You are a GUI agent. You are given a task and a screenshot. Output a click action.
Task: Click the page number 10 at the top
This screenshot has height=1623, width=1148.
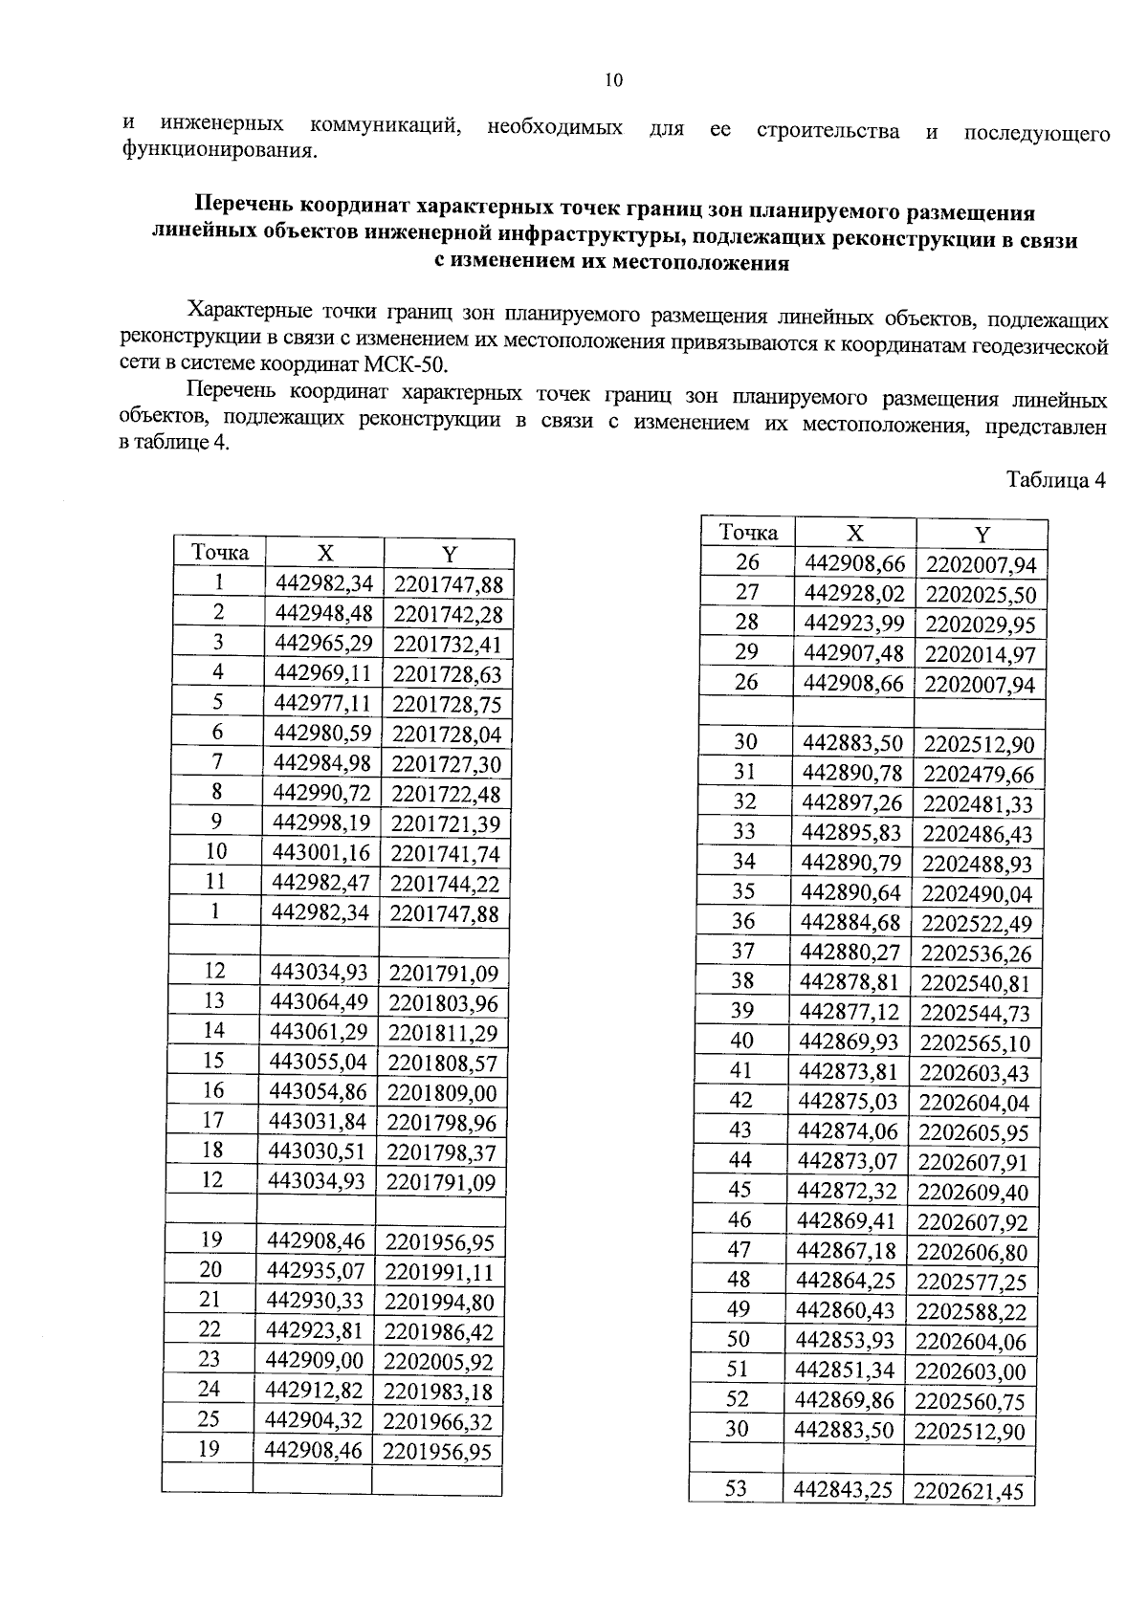tap(614, 80)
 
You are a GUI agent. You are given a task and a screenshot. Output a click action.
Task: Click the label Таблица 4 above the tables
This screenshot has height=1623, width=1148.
tap(1055, 479)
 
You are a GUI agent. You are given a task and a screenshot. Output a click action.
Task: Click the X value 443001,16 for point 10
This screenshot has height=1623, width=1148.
tap(322, 853)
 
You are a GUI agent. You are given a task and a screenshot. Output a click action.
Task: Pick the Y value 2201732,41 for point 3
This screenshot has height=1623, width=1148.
tap(447, 644)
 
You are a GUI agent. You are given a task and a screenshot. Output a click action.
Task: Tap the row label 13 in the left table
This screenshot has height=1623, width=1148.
tap(214, 1000)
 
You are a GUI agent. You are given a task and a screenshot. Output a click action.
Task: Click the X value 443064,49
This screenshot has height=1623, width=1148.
tap(320, 1002)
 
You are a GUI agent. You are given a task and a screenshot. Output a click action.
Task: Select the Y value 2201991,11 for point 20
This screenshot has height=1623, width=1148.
tap(440, 1272)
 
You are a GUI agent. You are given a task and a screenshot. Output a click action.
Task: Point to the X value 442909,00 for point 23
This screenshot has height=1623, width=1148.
tap(316, 1361)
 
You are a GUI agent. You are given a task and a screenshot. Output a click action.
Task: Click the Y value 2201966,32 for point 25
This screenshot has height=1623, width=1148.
tap(438, 1422)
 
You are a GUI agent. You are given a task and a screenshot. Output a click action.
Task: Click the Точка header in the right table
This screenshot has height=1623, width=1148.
tap(748, 533)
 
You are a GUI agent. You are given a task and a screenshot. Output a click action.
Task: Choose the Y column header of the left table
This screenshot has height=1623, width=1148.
tap(449, 554)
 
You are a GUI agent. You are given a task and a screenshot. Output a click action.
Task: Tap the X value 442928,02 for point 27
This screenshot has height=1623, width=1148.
tap(854, 593)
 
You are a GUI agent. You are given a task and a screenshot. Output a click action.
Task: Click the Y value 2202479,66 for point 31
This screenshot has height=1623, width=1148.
tap(979, 775)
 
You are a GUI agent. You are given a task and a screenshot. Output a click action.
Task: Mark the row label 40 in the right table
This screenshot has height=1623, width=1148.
tap(741, 1041)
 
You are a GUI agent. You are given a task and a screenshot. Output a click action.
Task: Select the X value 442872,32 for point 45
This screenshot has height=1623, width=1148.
tap(848, 1191)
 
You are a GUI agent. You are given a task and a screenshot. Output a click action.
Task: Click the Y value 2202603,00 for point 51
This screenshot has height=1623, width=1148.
tap(970, 1372)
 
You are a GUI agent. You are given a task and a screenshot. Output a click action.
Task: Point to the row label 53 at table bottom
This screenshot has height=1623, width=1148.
tap(736, 1489)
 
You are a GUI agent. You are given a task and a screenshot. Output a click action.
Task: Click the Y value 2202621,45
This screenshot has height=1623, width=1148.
tap(968, 1491)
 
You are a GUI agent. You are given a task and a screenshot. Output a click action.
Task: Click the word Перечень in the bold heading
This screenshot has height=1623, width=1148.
tap(244, 206)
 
